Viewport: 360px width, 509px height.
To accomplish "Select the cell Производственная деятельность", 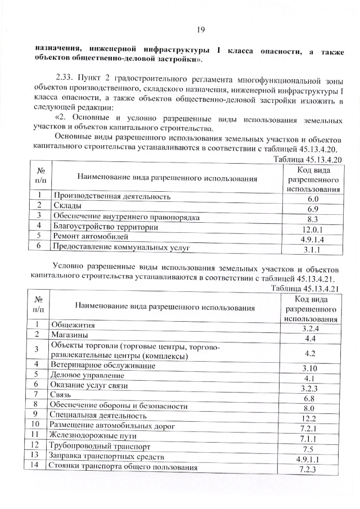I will pos(111,197).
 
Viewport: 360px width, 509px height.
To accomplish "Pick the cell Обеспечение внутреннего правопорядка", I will pos(127,217).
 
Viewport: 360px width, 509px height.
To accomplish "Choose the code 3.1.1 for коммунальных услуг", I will pos(313,249).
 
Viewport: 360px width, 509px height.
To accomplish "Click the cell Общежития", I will pos(73,325).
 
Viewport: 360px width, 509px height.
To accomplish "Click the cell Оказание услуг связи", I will pos(89,385).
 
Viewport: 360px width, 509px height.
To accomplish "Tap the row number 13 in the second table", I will pos(34,454).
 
